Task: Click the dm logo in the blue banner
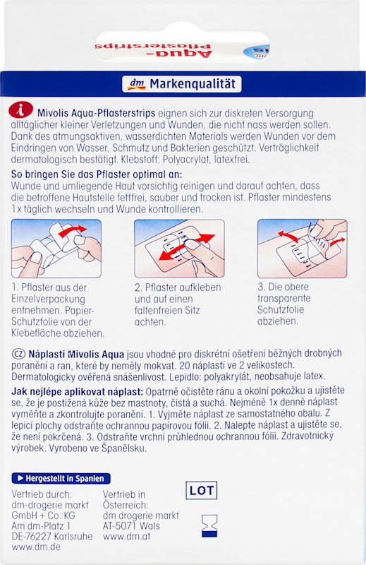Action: coord(137,84)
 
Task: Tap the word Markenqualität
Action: coord(193,84)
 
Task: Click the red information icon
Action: coord(21,110)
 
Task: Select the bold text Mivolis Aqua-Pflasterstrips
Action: coord(97,113)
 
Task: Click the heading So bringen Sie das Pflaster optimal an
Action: coord(97,174)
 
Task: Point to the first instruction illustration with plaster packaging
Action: coord(56,249)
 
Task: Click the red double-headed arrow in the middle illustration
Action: coord(187,246)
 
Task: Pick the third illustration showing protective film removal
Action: coord(303,249)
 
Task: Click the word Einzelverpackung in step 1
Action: coord(48,299)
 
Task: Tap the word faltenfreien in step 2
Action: coord(167,310)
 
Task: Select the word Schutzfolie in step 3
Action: coord(281,310)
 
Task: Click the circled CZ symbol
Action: coord(18,354)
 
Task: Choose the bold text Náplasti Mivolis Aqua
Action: coord(76,355)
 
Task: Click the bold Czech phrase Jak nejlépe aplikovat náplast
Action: coord(78,391)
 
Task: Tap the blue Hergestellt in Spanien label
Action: coord(61,479)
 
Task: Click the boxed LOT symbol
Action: coord(202,490)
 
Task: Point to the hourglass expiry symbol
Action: coord(209,526)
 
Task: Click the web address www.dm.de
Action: coord(36,547)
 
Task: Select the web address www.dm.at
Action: coord(126,536)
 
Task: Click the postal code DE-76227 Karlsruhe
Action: coord(52,536)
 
